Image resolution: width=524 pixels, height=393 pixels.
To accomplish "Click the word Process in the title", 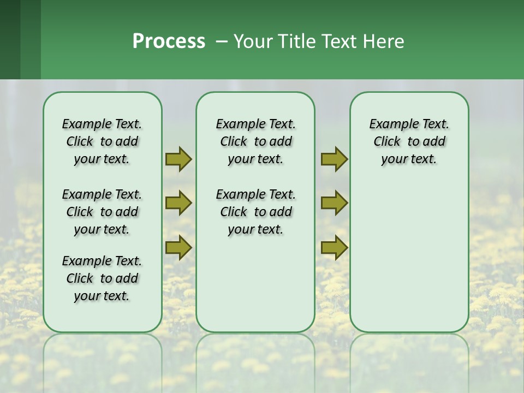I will [169, 41].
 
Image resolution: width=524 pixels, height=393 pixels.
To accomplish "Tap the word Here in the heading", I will [384, 41].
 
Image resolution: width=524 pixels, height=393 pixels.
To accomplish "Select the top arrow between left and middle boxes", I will [178, 159].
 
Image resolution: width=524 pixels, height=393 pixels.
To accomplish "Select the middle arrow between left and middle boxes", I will [178, 203].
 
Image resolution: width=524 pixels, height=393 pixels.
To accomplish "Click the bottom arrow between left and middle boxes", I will [178, 248].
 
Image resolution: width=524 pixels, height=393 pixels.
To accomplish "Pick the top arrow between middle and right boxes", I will [334, 159].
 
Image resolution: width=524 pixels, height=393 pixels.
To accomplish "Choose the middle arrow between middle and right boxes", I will [334, 203].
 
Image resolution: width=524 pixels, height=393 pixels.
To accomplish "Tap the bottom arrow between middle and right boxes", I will [334, 248].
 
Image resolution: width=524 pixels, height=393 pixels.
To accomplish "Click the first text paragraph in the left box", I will [102, 141].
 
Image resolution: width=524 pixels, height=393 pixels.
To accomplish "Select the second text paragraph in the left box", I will [102, 212].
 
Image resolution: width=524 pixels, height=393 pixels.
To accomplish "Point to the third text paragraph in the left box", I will [102, 278].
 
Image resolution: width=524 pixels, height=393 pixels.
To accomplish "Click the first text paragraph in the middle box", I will [255, 141].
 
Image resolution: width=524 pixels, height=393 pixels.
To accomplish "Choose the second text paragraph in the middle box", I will [255, 212].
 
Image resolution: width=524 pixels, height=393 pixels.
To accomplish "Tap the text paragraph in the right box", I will [409, 141].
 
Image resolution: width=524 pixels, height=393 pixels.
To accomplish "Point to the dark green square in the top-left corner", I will [10, 39].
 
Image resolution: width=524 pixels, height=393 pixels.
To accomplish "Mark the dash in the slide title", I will [222, 41].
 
